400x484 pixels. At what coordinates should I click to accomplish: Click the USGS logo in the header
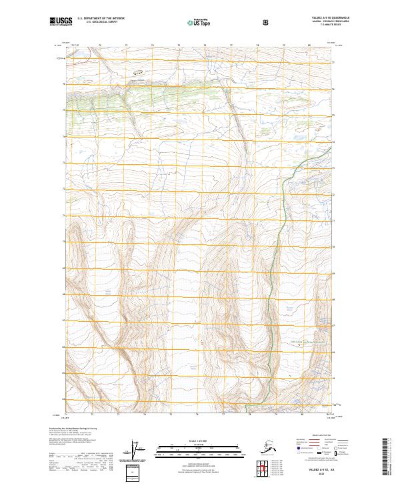point(61,22)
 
